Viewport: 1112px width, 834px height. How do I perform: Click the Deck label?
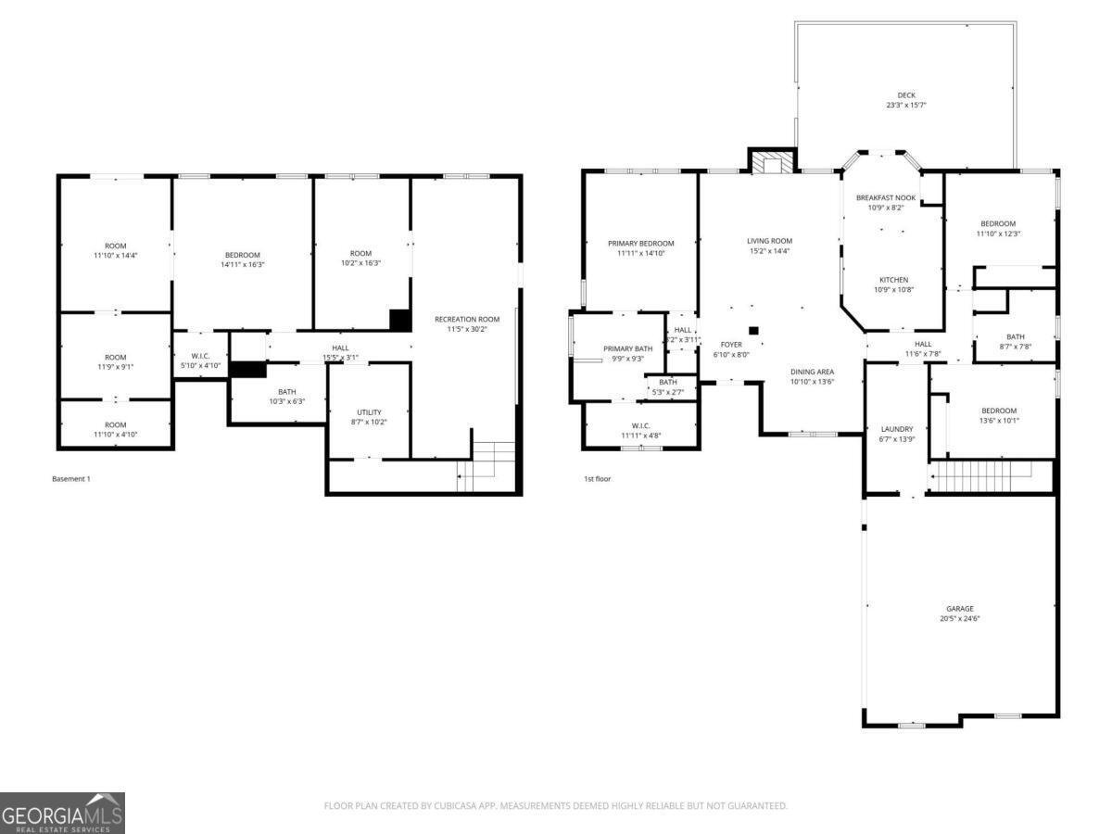point(905,95)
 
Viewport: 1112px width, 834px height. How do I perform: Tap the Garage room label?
point(959,609)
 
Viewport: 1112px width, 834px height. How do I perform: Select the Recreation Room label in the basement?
point(467,320)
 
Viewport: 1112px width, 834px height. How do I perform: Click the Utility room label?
point(369,412)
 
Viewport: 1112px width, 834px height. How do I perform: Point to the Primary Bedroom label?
point(640,243)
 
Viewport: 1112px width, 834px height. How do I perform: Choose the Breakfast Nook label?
point(886,197)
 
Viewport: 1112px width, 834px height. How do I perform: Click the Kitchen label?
point(893,280)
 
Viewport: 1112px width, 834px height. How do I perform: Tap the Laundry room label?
point(896,429)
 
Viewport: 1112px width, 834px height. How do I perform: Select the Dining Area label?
point(812,372)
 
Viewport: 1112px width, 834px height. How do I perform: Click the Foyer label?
point(731,344)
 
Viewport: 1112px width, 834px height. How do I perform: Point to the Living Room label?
point(769,241)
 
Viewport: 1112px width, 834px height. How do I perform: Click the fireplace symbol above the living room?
point(771,162)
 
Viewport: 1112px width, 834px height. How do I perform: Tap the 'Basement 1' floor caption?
point(70,479)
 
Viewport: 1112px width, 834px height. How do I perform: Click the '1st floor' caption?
point(597,479)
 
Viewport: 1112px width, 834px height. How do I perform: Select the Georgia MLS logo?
point(62,813)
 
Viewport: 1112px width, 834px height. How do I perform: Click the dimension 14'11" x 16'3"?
point(242,265)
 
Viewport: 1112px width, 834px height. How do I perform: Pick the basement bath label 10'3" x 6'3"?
point(286,397)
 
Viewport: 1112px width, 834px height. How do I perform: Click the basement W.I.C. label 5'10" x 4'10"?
point(200,360)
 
